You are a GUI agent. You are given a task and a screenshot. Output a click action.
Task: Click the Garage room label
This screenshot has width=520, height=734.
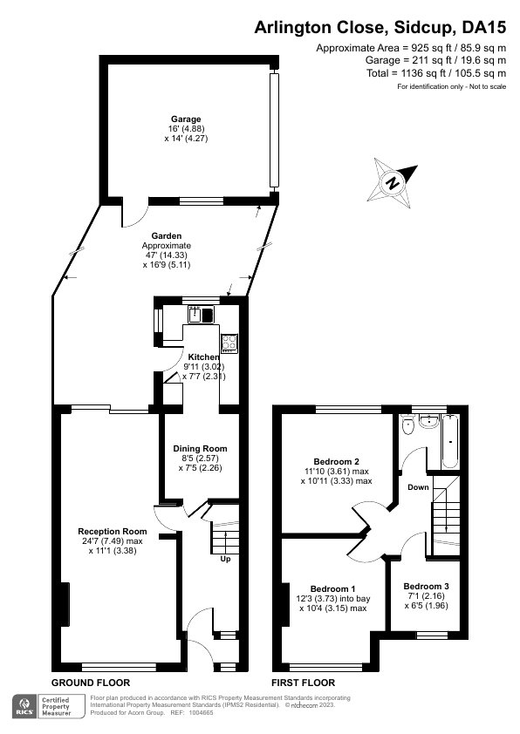click(x=186, y=119)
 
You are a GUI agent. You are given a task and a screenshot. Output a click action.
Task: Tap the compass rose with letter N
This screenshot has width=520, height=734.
click(x=393, y=182)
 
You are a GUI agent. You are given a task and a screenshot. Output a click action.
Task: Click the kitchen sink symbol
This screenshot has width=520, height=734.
click(x=202, y=315)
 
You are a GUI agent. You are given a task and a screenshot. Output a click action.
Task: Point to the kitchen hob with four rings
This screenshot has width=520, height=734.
click(x=230, y=342)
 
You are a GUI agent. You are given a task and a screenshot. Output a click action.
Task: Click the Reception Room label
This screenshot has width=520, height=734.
click(x=112, y=532)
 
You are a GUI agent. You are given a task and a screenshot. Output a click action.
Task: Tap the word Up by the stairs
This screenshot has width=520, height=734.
click(x=225, y=559)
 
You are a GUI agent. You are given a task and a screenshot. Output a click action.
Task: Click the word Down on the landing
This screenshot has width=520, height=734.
click(x=418, y=487)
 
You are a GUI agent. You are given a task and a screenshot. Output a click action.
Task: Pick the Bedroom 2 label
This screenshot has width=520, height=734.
click(x=337, y=461)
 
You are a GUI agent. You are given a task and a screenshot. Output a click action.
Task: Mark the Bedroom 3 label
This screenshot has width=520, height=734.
click(x=427, y=586)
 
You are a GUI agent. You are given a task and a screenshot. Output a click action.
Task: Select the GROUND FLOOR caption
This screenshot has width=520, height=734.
click(x=91, y=683)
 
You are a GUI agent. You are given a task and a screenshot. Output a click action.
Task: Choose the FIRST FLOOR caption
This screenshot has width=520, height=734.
click(x=303, y=683)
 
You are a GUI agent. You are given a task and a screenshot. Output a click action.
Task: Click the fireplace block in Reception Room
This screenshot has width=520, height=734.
click(x=64, y=602)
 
